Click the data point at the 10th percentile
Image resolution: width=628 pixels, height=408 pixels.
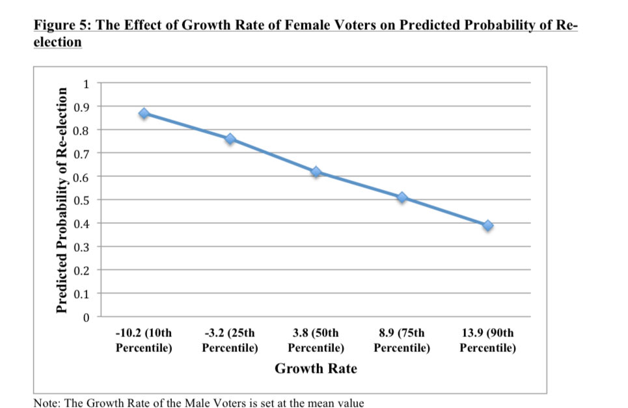(144, 113)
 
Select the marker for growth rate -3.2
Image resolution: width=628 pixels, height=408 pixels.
(230, 139)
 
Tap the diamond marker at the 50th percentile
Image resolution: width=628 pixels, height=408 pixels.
(316, 172)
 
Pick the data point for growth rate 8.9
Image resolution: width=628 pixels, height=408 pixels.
(402, 197)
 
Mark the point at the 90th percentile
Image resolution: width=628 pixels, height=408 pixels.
(488, 225)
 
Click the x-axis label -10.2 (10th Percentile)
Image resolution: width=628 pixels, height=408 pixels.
(144, 341)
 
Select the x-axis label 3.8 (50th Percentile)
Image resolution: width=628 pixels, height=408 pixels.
(316, 341)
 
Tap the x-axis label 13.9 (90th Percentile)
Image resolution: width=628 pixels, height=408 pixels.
(488, 341)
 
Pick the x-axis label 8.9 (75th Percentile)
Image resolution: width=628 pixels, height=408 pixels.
(402, 341)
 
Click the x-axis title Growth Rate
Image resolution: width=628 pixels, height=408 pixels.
(316, 369)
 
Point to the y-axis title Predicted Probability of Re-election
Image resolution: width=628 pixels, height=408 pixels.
(62, 199)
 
